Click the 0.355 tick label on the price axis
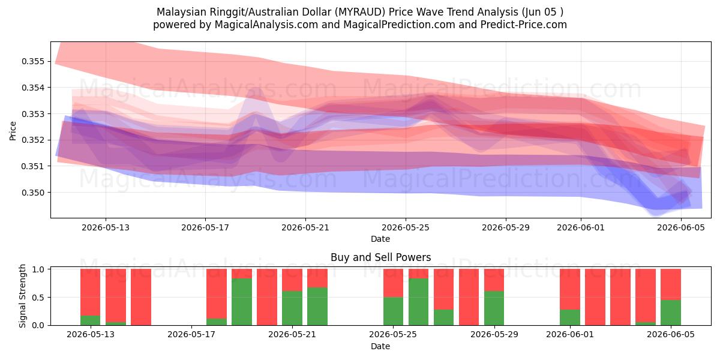[x=33, y=61]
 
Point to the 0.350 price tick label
[x=33, y=193]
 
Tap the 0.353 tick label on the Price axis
[x=33, y=114]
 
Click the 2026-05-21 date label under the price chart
[x=305, y=227]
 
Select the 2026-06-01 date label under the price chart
[x=581, y=227]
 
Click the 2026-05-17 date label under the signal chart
[x=191, y=335]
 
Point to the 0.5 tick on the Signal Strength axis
[x=38, y=298]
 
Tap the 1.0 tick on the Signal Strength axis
[x=38, y=269]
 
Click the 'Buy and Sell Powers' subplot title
[x=380, y=257]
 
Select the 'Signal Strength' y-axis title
[x=22, y=296]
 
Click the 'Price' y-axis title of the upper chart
[x=13, y=131]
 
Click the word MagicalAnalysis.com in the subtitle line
[x=266, y=25]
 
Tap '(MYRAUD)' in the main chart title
[x=360, y=12]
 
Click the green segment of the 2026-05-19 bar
[x=242, y=302]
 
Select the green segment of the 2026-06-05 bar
[x=671, y=313]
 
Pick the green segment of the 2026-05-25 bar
[x=393, y=311]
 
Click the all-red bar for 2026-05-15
[x=141, y=297]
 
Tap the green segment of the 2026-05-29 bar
[x=494, y=308]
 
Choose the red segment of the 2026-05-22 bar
[x=317, y=278]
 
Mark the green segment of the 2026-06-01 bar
[x=570, y=317]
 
